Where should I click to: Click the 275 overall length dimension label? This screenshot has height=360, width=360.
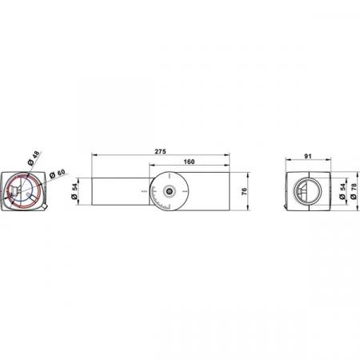point(160,151)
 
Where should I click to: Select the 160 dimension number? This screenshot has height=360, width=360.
point(189,162)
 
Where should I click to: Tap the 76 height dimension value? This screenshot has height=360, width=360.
point(244,191)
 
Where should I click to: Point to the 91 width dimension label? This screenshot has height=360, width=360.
point(308,156)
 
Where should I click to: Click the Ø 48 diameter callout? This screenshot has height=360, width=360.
point(34,158)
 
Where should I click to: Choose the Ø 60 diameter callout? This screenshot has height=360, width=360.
point(58,174)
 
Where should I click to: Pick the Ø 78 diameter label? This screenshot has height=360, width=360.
point(354,191)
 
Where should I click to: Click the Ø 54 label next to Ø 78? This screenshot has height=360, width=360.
point(342,191)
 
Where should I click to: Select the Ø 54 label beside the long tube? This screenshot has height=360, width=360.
point(74,191)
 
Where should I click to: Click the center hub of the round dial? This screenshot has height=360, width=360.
point(169,191)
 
